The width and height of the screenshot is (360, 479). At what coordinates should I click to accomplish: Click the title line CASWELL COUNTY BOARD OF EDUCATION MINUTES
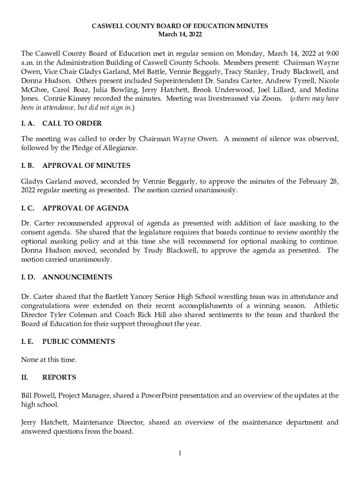[180, 26]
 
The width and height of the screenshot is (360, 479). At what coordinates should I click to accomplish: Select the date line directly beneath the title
[180, 35]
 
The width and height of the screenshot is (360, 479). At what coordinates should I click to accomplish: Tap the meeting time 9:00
[331, 53]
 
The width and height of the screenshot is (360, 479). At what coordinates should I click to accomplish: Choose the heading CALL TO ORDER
[72, 123]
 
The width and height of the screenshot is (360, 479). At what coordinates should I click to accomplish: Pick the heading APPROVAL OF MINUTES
[86, 166]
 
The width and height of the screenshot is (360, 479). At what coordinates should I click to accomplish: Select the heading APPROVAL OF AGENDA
[86, 208]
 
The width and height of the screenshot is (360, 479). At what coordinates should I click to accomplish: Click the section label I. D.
[28, 277]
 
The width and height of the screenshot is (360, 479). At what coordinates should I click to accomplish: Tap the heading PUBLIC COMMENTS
[79, 341]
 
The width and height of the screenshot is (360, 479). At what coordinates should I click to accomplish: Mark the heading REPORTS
[59, 377]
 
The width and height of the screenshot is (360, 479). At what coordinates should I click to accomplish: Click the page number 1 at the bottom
[180, 453]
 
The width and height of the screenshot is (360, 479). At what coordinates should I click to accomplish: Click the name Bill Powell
[38, 396]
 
